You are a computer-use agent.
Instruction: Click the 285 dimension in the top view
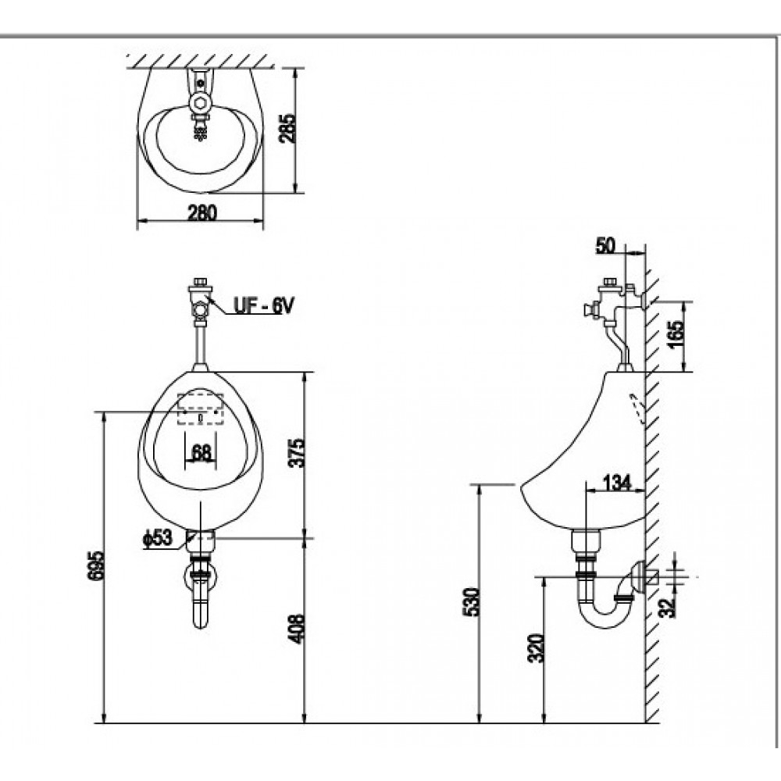287,130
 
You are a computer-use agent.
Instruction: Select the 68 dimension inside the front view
201,451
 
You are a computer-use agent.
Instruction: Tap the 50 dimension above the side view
605,246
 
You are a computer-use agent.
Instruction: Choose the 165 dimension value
676,336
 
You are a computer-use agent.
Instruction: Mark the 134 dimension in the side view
617,484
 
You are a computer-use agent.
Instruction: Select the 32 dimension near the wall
665,606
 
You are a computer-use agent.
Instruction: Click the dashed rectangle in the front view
201,408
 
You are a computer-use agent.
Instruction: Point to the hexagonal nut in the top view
200,102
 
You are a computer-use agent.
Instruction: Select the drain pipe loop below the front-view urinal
201,597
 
